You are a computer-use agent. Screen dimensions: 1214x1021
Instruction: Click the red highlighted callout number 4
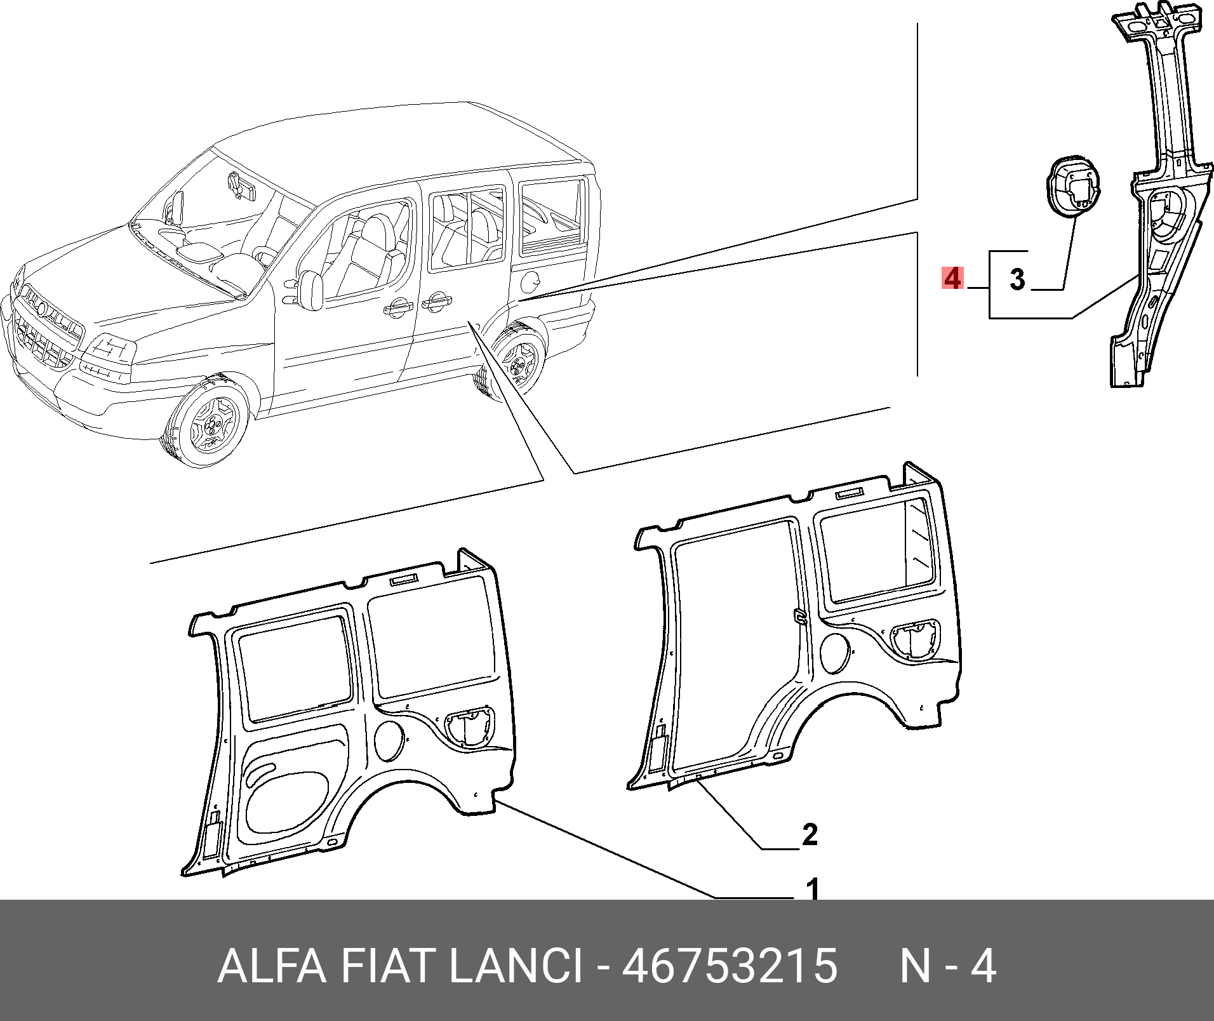pos(952,279)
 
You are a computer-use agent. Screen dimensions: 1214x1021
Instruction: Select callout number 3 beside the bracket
pos(1017,279)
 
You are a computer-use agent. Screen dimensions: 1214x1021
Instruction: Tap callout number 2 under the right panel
pos(810,834)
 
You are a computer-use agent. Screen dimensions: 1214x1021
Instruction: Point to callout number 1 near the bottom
pos(813,889)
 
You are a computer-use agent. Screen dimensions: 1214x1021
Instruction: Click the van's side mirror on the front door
pos(311,290)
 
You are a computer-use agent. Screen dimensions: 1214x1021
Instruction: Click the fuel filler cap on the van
pos(532,277)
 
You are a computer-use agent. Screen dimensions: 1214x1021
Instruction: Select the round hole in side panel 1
pos(389,740)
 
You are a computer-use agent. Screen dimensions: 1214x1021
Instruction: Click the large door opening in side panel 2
pos(737,648)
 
